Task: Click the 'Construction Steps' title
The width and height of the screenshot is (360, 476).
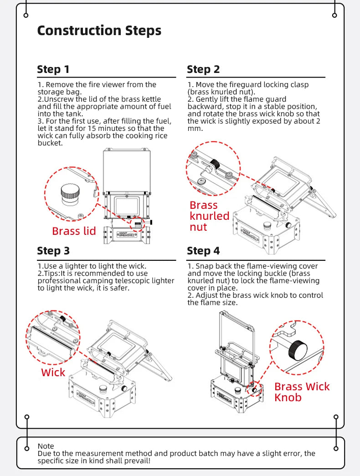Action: (x=99, y=31)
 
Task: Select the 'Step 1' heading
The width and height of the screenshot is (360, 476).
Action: (x=53, y=69)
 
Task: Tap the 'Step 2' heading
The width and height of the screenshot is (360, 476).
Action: (x=203, y=69)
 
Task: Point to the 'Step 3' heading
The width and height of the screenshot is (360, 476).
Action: (x=53, y=251)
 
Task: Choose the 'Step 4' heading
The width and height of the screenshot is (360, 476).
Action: (x=203, y=251)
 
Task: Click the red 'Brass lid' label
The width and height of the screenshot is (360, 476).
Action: (x=74, y=231)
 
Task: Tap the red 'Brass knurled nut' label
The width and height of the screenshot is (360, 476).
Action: (x=209, y=216)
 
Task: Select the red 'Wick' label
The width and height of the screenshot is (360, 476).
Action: (x=53, y=373)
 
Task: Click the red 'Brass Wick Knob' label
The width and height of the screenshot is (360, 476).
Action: (x=302, y=392)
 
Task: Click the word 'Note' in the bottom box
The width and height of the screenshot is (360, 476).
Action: (x=46, y=446)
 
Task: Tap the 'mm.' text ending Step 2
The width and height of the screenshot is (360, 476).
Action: (x=194, y=129)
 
